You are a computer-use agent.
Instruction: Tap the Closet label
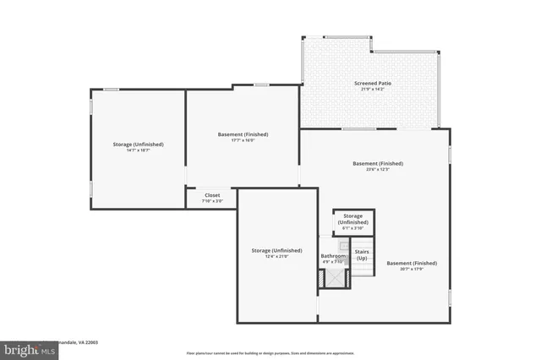212,194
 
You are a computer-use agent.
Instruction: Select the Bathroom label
332,255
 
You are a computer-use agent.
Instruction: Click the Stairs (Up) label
362,254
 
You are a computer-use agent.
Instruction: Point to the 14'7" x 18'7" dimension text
138,150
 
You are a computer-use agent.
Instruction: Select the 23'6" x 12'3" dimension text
378,169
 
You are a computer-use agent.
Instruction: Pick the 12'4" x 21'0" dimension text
276,257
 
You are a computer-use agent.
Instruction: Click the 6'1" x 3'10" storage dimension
353,228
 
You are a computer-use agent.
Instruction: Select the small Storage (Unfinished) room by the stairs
353,221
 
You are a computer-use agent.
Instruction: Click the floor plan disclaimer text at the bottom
270,352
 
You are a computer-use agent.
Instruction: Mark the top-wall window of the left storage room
111,89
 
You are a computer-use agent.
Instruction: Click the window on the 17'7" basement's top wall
261,84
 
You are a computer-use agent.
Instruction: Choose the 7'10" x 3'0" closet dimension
212,201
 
